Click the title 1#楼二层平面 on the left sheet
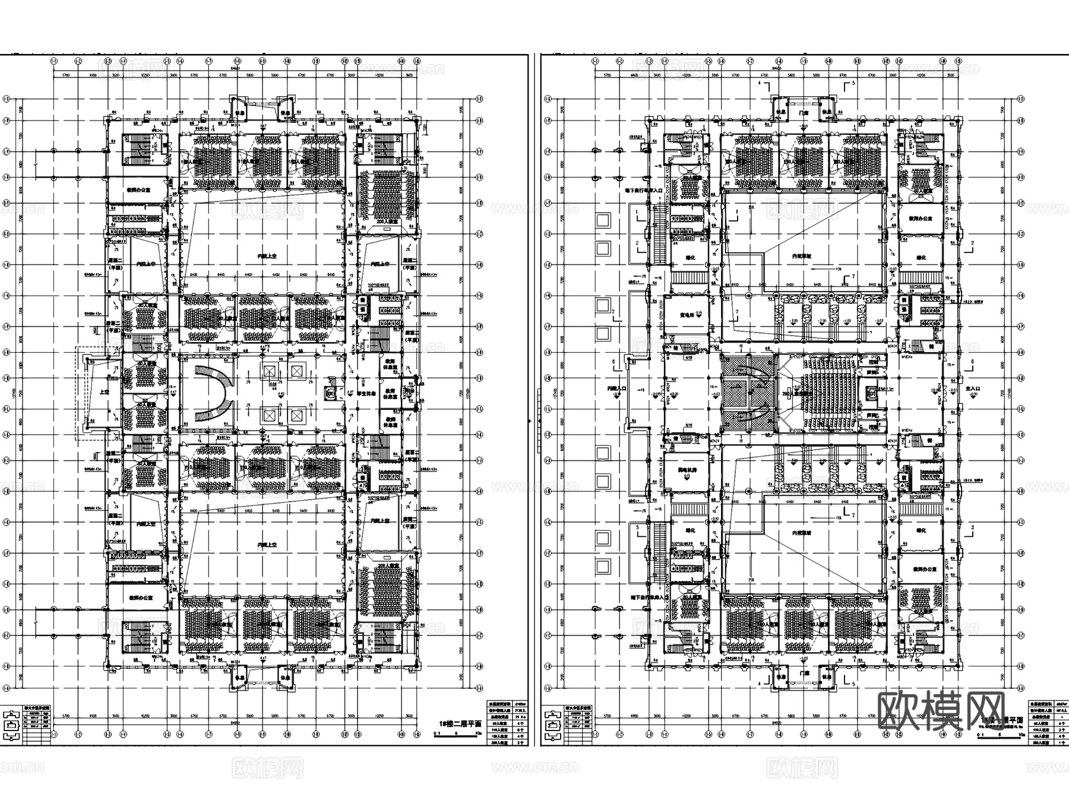click(x=460, y=723)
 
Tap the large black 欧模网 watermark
click(x=941, y=710)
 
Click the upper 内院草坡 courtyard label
click(x=802, y=257)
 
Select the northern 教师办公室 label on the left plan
click(x=136, y=192)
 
